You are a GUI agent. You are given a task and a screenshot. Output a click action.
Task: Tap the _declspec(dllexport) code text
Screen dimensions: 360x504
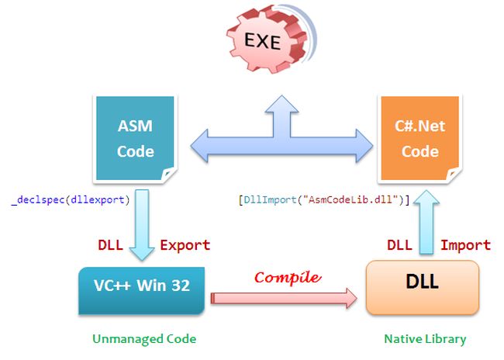pos(71,199)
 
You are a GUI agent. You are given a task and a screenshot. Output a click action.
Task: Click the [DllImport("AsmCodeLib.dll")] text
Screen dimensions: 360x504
pos(323,199)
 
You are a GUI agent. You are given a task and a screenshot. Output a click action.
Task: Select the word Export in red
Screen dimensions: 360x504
pos(185,245)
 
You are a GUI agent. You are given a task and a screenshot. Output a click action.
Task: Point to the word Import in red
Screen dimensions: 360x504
pos(465,245)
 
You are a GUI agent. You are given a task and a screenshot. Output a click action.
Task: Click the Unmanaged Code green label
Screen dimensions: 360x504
pos(144,338)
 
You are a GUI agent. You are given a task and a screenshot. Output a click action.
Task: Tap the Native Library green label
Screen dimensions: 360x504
pos(425,338)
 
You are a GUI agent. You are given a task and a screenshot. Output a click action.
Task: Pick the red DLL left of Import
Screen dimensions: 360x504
pos(399,245)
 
